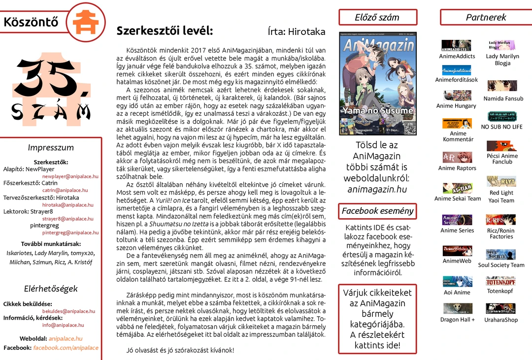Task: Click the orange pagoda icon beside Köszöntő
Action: click(x=86, y=22)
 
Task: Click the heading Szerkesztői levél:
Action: click(x=165, y=31)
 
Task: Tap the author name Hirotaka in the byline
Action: click(x=306, y=32)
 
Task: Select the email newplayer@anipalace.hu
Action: click(x=70, y=176)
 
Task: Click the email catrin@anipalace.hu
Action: click(x=65, y=190)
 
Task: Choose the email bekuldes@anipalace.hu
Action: click(x=68, y=311)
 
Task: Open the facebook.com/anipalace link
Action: click(x=66, y=348)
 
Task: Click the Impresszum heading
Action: click(x=51, y=147)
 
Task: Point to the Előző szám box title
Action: click(x=377, y=17)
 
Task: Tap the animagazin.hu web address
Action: click(x=377, y=189)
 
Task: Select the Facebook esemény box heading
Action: click(x=377, y=211)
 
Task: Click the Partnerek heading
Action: click(x=486, y=17)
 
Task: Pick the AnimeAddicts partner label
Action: click(x=457, y=56)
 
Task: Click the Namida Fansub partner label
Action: click(x=503, y=98)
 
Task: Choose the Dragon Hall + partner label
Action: click(x=458, y=320)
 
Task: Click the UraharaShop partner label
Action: click(x=501, y=320)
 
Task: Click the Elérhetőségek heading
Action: click(x=51, y=289)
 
